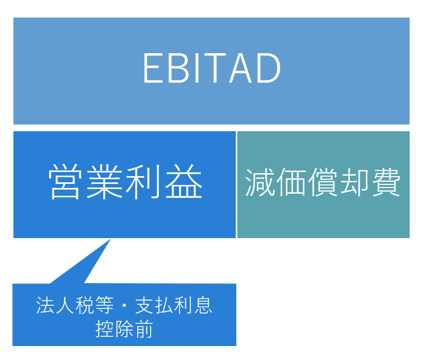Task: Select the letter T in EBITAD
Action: pyautogui.click(x=214, y=68)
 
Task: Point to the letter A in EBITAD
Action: pyautogui.click(x=240, y=68)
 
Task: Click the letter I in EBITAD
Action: pyautogui.click(x=197, y=68)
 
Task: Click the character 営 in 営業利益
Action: pyautogui.click(x=65, y=181)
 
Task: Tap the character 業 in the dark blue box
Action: pyautogui.click(x=104, y=181)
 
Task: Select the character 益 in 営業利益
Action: pyautogui.click(x=184, y=181)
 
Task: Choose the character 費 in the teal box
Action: pyautogui.click(x=386, y=182)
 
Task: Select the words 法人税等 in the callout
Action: pyautogui.click(x=75, y=305)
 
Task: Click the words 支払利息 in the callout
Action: pyautogui.click(x=174, y=305)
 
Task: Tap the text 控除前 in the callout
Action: pyautogui.click(x=124, y=329)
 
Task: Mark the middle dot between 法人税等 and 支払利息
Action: pyautogui.click(x=124, y=306)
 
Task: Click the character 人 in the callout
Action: pyautogui.click(x=65, y=305)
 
